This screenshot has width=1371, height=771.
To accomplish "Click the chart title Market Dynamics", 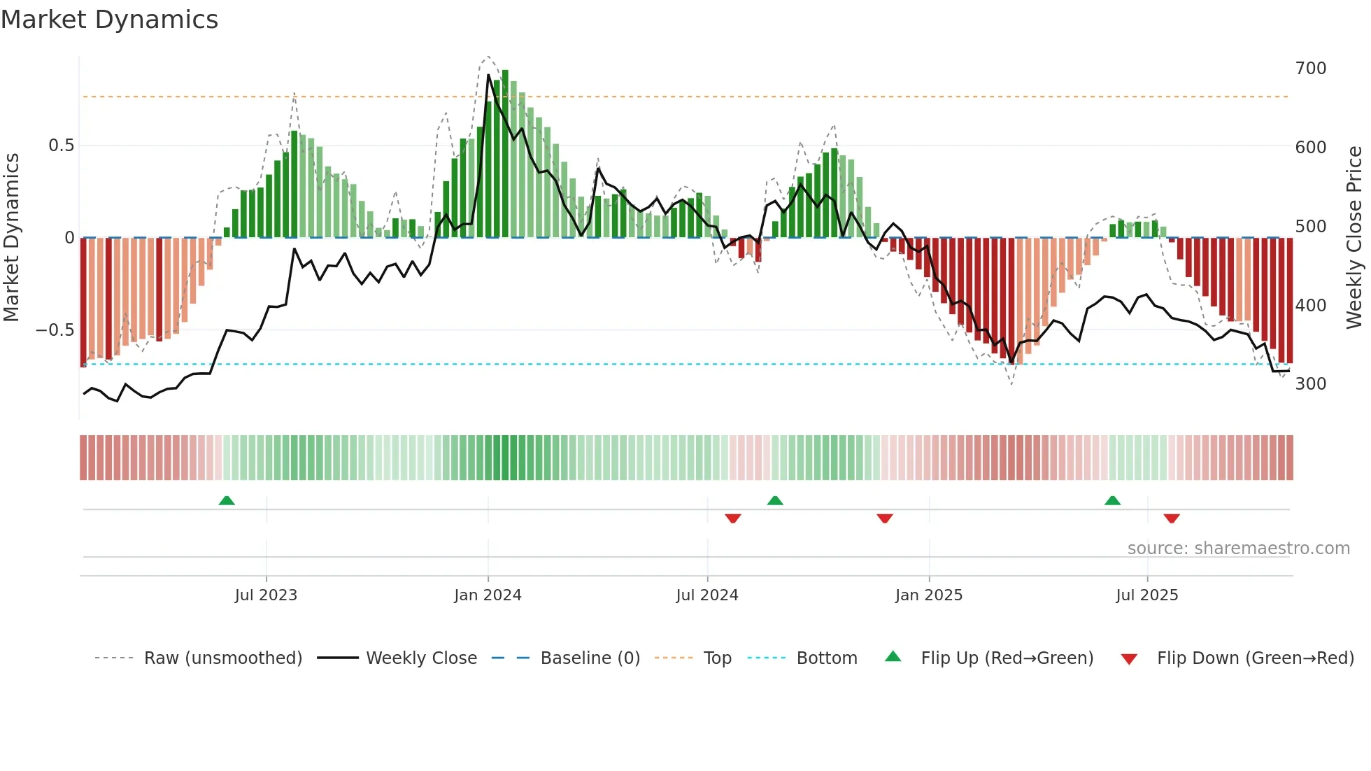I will point(109,20).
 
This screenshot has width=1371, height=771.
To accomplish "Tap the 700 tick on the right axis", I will point(1310,69).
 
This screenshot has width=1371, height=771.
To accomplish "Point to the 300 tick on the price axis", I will point(1310,384).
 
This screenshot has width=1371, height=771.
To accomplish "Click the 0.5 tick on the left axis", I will point(61,146).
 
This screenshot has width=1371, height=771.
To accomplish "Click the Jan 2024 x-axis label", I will point(488,595).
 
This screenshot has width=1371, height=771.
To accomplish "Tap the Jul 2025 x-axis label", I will point(1146,595).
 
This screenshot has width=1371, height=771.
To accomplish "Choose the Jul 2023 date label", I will point(266,595).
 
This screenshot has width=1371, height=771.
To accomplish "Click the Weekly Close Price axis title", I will point(1354,238).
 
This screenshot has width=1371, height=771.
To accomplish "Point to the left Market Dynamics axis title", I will point(11,238).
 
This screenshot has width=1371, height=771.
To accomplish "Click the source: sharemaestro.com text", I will point(1238,549).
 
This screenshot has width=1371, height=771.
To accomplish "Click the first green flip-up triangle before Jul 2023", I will point(227,501).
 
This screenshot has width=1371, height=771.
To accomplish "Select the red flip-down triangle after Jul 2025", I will point(1172,518).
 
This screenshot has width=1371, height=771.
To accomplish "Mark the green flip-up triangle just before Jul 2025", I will point(1112,501).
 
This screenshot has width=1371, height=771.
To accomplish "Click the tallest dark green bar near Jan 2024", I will point(505,154).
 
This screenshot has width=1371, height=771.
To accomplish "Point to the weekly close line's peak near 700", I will point(488,75).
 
